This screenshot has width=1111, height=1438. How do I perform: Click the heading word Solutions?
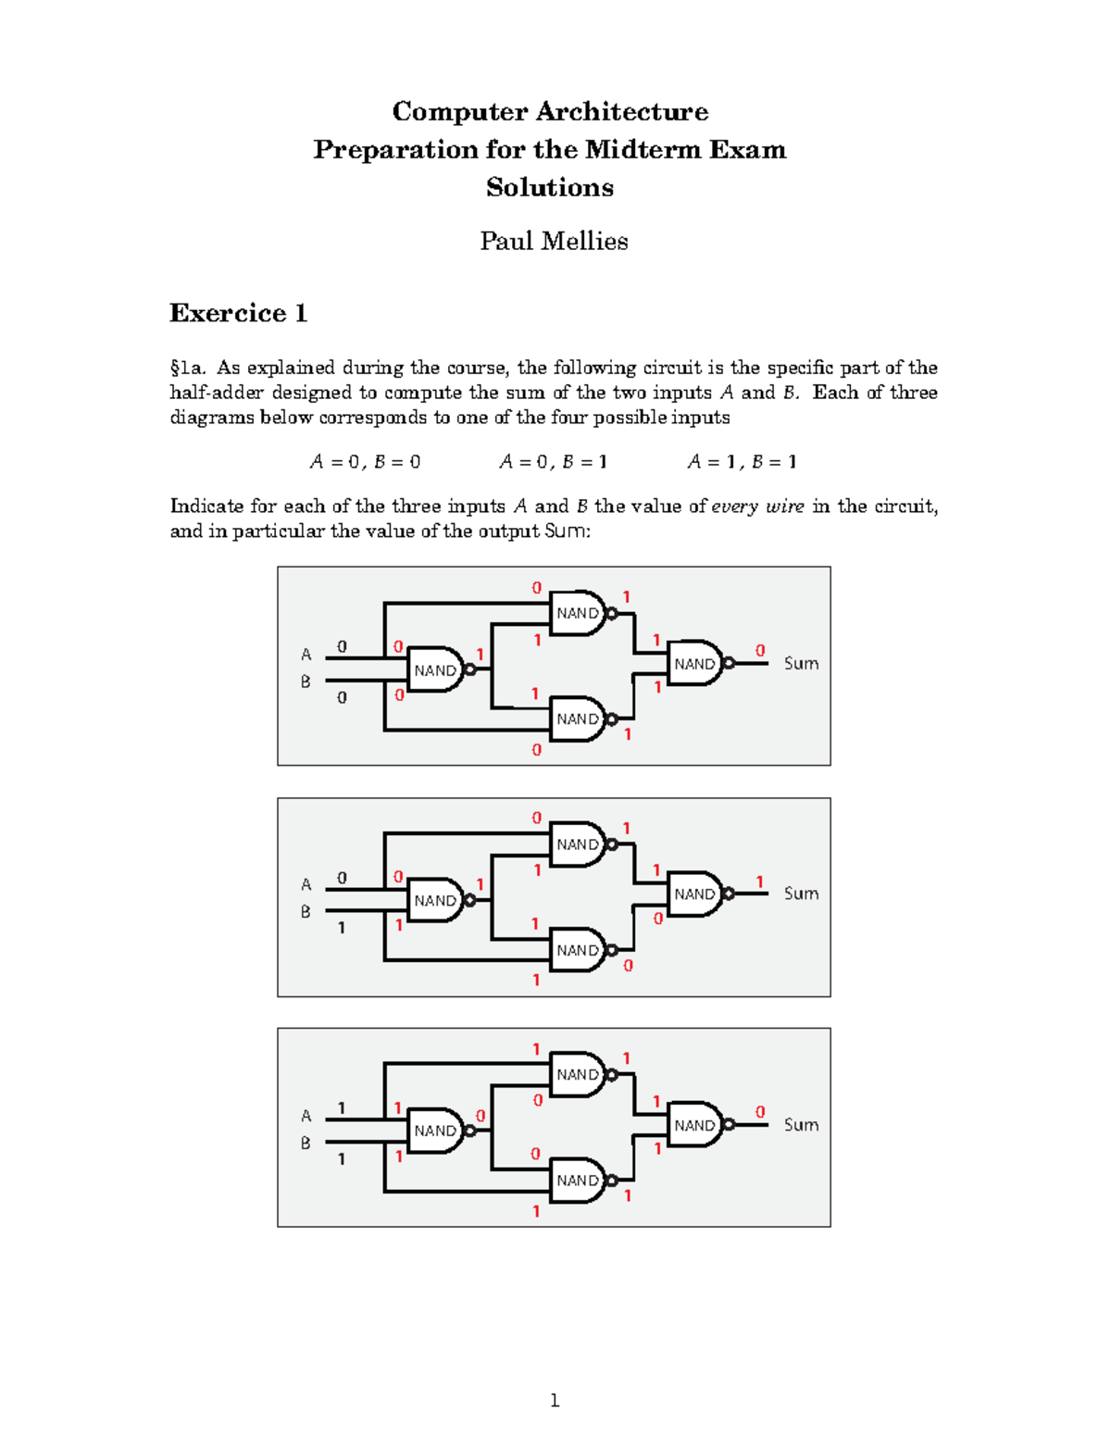(x=550, y=187)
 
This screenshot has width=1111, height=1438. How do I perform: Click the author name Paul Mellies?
(x=554, y=241)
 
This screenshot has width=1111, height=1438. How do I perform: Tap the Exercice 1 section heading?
(x=238, y=313)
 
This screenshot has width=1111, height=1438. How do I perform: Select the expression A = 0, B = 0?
(x=365, y=461)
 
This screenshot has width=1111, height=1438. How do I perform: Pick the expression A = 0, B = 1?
(x=553, y=461)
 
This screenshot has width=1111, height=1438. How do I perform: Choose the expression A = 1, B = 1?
(x=742, y=461)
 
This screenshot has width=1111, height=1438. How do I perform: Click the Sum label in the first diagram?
(x=801, y=663)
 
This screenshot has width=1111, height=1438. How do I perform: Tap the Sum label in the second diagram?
(x=801, y=894)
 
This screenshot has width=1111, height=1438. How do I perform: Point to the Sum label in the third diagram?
(x=801, y=1124)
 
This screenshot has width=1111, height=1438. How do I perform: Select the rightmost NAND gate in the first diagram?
(x=695, y=664)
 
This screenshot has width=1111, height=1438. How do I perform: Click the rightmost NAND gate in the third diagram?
(x=695, y=1125)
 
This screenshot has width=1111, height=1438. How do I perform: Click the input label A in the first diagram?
(x=306, y=655)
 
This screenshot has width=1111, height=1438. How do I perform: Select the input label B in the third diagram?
(x=306, y=1144)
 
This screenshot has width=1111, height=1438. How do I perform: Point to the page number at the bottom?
(x=555, y=1400)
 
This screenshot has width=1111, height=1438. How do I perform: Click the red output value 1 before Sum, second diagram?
(x=760, y=882)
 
